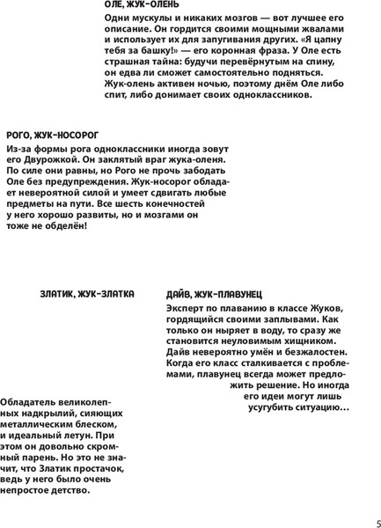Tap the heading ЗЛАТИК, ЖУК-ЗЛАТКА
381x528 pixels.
pyautogui.click(x=86, y=294)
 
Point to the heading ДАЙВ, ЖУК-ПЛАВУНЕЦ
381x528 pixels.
pyautogui.click(x=214, y=295)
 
